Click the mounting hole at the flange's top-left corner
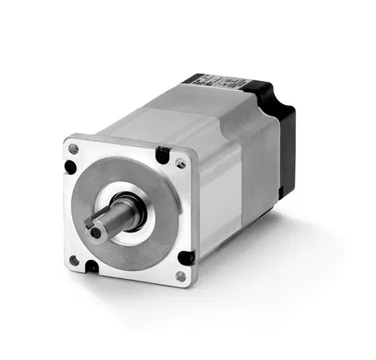point(74,148)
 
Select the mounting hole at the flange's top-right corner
point(180,162)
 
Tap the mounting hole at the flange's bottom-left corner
point(75,260)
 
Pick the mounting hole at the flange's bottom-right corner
point(180,276)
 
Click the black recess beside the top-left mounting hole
point(70,167)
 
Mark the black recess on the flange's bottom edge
point(91,266)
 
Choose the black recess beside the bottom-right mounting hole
point(186,257)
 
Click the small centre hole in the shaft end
point(96,232)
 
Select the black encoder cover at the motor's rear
point(285,136)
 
